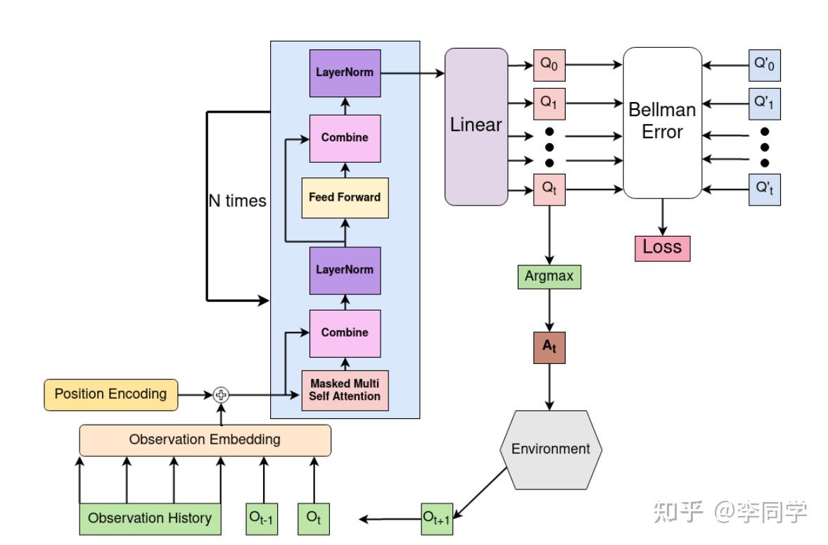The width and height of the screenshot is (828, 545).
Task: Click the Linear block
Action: coord(476,126)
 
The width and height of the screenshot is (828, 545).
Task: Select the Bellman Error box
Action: coord(662,122)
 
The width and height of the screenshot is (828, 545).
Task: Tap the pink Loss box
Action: coord(662,247)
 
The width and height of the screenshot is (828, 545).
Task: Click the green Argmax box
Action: coord(549,276)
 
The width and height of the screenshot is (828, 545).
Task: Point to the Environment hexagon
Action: coord(550,449)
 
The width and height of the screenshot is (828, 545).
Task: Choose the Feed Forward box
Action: coord(345,197)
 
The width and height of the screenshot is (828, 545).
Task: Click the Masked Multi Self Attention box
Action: coord(345,390)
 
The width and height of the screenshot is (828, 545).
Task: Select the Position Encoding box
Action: coord(110,394)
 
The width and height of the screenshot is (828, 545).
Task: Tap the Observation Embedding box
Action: coord(205,440)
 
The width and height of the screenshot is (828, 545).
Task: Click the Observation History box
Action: coord(150,518)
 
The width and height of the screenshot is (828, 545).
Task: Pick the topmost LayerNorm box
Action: coord(345,73)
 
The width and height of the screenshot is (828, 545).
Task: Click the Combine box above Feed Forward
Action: coord(345,138)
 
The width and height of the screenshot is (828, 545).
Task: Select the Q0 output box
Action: coord(549,64)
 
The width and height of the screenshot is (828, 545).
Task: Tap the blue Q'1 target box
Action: coord(764,104)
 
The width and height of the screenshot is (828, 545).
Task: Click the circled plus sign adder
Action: coord(222,394)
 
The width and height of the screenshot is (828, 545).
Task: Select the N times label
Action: coord(237,201)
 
